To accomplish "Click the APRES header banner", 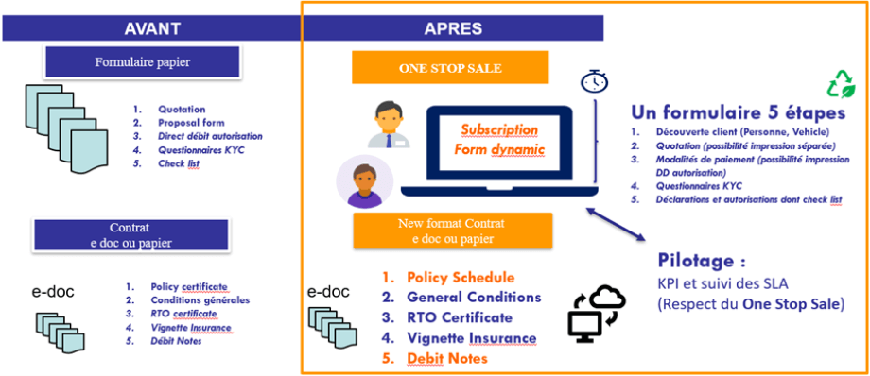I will click(x=452, y=27).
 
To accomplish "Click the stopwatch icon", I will click(x=594, y=81).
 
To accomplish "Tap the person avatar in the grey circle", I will click(x=363, y=181).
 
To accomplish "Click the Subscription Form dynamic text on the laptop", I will click(x=498, y=140).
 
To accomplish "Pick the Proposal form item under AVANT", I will click(x=189, y=123).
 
